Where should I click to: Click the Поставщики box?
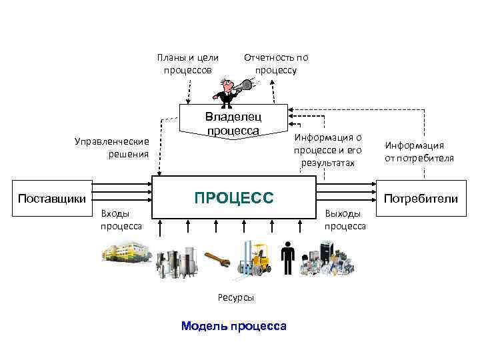tap(52, 198)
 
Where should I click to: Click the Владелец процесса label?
tap(233, 123)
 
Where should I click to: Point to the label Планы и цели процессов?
tap(187, 63)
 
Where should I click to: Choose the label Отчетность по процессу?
tap(276, 63)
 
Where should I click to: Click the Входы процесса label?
tap(121, 219)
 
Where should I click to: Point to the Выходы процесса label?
tap(345, 219)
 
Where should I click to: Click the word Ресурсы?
tap(235, 297)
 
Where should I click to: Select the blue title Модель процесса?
tap(233, 326)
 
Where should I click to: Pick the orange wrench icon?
tap(217, 261)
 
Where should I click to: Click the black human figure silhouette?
tap(288, 259)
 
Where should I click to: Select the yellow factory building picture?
tap(127, 255)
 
